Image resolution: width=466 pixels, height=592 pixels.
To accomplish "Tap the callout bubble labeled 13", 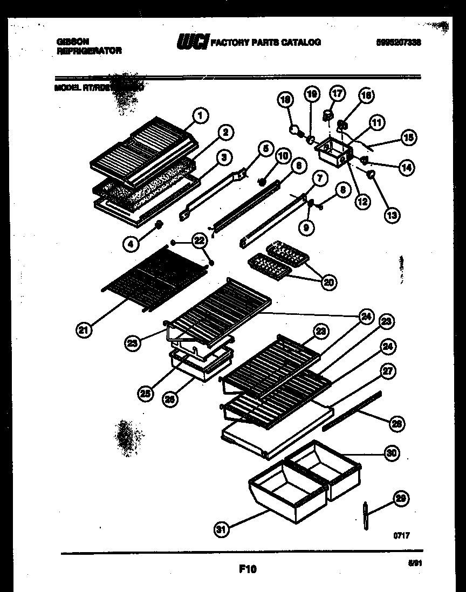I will (x=392, y=215).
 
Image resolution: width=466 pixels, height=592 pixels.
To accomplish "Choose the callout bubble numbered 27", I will (x=388, y=370).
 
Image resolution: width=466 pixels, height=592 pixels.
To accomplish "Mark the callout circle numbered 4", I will (x=130, y=244).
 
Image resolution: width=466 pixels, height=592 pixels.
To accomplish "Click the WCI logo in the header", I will (x=192, y=42).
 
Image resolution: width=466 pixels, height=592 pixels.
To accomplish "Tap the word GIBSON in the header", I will (x=72, y=41).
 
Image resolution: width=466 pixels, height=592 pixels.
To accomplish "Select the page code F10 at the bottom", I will (x=247, y=568).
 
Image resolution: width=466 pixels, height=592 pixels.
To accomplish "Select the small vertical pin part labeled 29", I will (x=365, y=517).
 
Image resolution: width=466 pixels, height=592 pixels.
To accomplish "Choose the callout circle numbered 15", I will (x=408, y=137).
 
